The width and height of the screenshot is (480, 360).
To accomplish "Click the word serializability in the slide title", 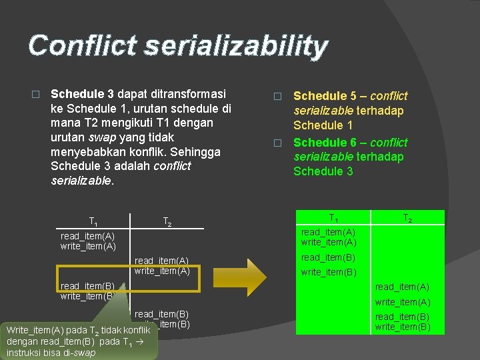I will point(234,46).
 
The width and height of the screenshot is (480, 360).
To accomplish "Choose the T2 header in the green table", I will point(407,218).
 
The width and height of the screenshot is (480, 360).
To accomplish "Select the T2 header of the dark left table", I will point(167,221).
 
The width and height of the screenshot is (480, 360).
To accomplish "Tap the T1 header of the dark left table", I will point(94,221).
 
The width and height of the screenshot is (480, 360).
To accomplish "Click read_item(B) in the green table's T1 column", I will point(328,257).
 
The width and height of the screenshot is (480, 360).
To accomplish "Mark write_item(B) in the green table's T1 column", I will point(328,272).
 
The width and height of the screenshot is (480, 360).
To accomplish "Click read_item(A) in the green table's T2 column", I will point(402,287).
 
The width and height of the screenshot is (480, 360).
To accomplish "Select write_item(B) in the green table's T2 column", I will point(402,327).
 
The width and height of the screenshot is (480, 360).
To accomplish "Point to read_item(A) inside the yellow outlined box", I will point(162,261).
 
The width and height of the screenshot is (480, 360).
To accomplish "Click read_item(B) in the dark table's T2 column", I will point(162,314).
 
